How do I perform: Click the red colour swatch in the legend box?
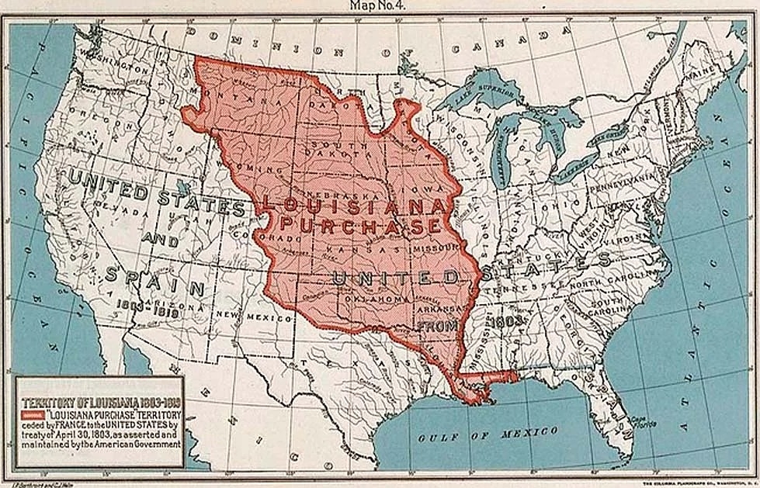click(x=33, y=415)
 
